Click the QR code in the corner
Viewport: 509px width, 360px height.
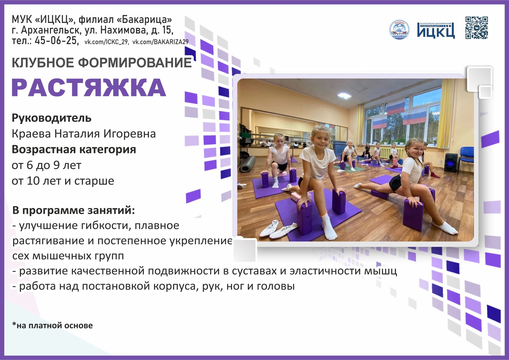point(477,28)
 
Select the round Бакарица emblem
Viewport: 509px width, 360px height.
point(399,30)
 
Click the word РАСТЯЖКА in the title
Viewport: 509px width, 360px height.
point(89,87)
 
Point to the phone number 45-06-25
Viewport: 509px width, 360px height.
point(56,41)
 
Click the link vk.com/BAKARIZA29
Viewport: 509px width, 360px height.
point(160,42)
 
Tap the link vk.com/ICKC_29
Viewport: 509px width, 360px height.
point(106,42)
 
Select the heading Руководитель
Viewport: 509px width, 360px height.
point(52,118)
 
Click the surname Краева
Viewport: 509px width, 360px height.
point(31,134)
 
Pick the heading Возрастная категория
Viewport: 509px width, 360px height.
point(74,149)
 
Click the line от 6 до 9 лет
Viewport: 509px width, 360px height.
point(46,165)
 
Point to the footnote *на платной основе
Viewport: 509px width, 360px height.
point(52,325)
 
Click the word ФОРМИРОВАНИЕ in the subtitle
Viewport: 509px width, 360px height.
point(135,63)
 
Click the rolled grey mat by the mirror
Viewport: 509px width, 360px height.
point(248,163)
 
